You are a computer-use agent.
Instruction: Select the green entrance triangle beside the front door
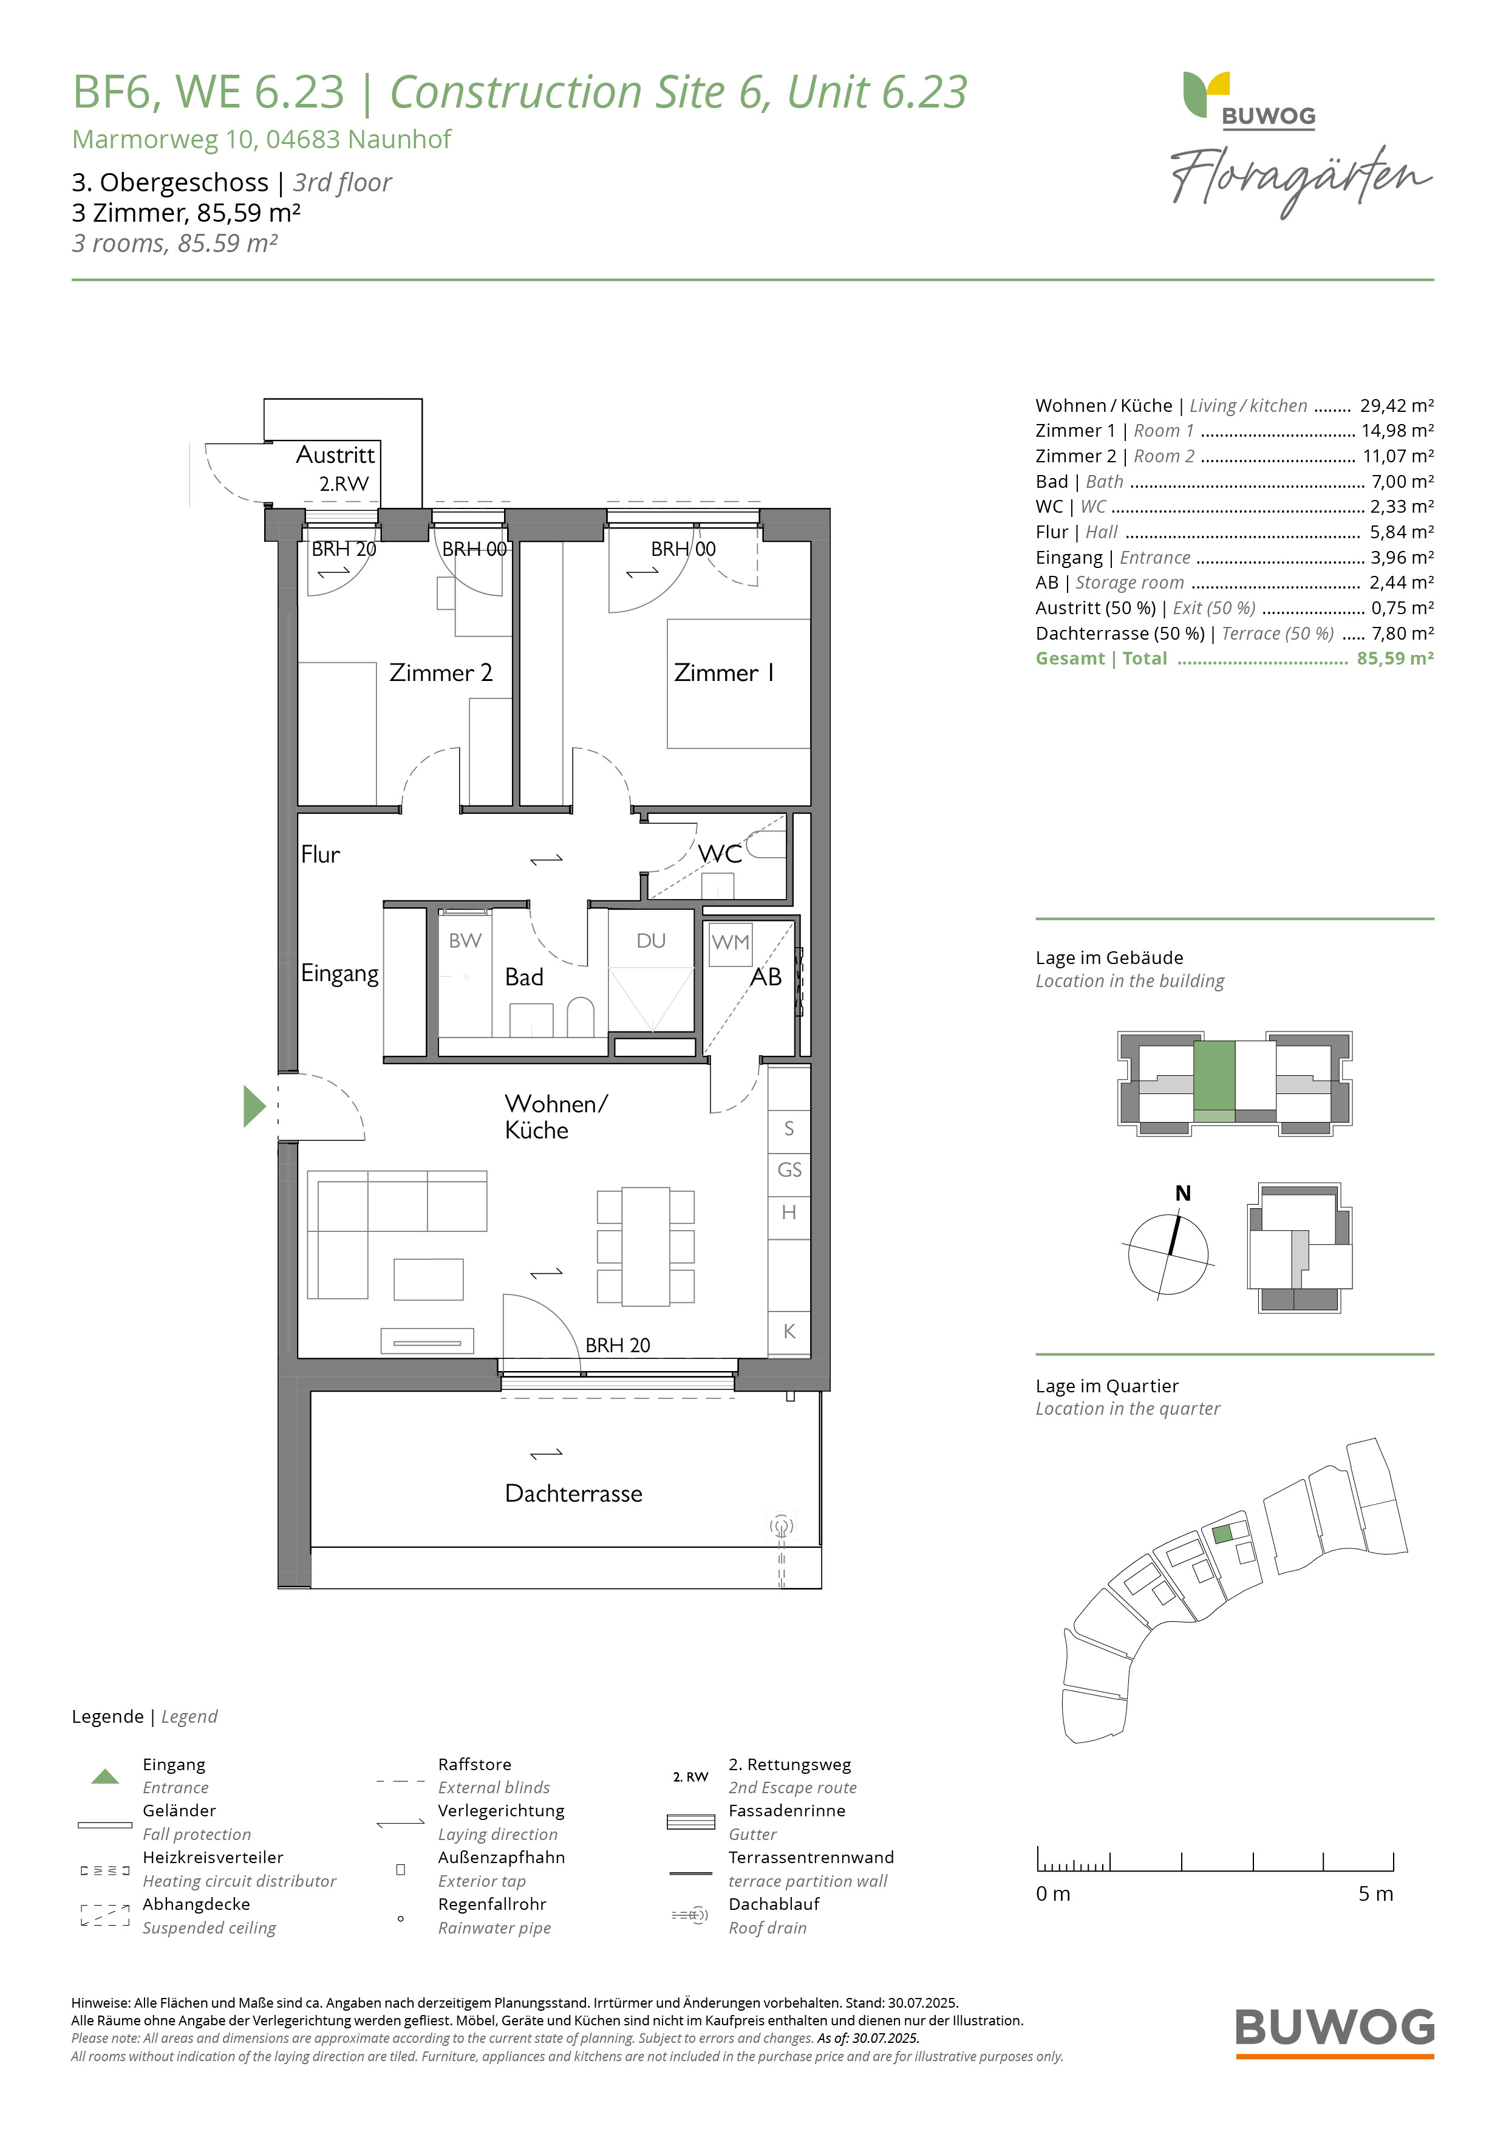(254, 1106)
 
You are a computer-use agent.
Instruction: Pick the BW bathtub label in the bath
(465, 940)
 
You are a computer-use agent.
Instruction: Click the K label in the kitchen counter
(789, 1331)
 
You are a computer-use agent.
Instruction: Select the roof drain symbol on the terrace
(782, 1526)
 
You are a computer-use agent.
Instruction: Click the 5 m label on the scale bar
(1376, 1893)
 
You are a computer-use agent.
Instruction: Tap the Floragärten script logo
(1301, 179)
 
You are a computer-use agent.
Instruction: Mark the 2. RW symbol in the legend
(690, 1776)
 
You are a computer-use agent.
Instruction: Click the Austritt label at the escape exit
(335, 455)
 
